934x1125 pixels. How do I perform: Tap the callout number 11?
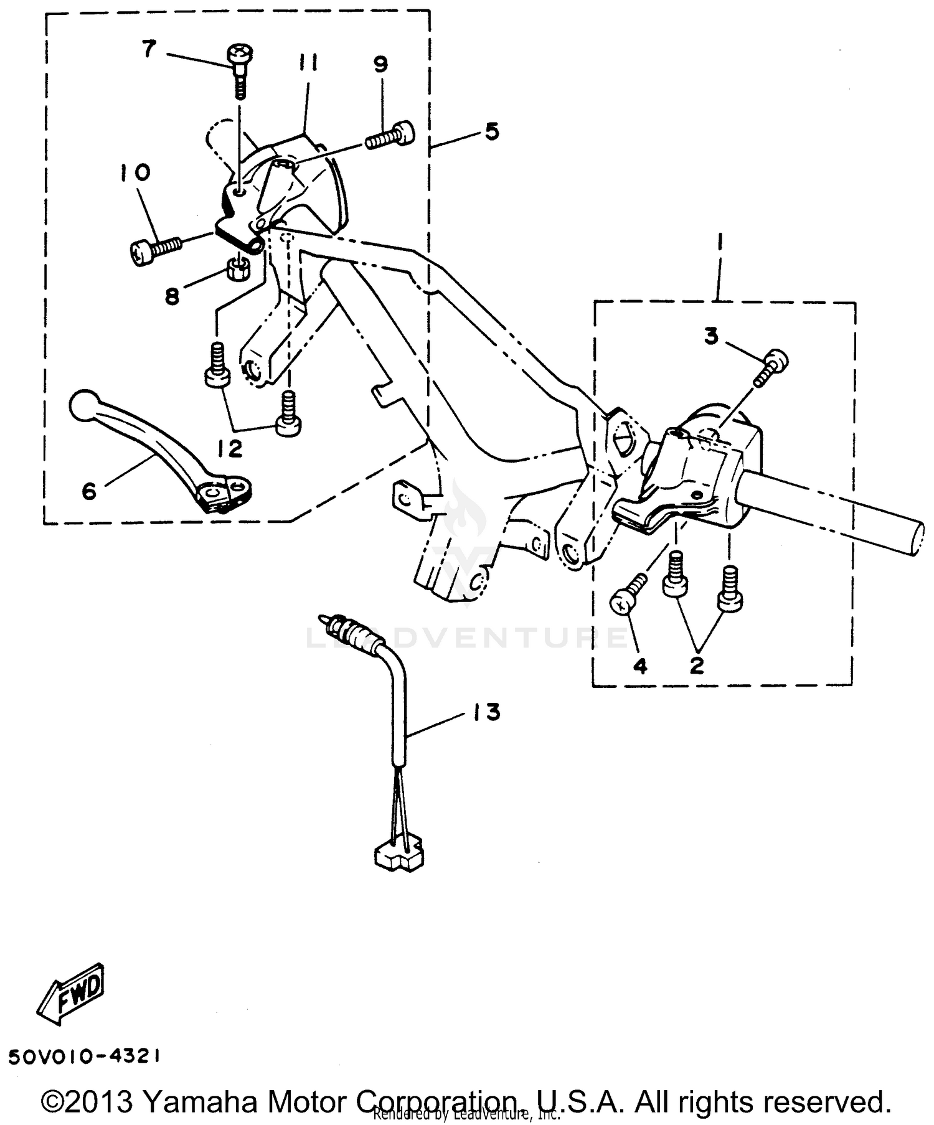[308, 63]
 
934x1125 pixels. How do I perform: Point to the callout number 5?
[491, 131]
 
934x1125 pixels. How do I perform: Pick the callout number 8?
[172, 296]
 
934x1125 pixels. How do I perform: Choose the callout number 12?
[230, 448]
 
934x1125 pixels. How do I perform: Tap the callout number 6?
[89, 491]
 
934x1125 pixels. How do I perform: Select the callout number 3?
[711, 336]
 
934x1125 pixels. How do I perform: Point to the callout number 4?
[640, 666]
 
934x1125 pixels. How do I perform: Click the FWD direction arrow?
[70, 994]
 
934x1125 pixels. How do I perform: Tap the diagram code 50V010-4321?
[85, 1056]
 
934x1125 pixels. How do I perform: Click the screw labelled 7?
[238, 63]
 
